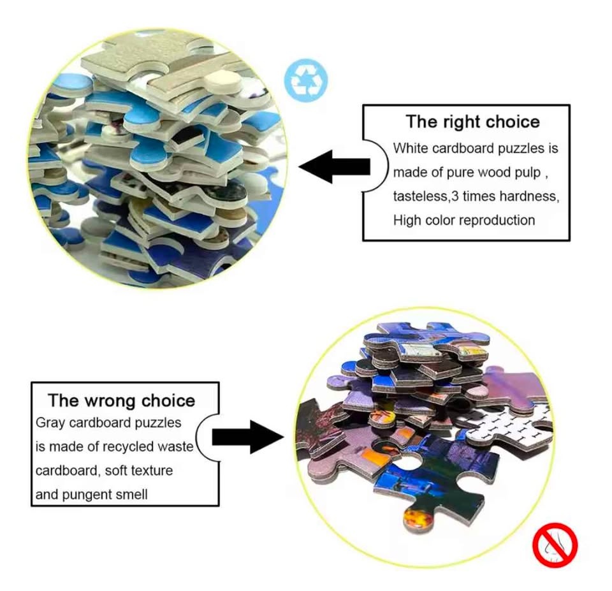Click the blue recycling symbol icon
tap(305, 80)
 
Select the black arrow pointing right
tap(248, 437)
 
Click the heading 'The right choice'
tap(472, 121)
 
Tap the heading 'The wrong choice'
tap(121, 400)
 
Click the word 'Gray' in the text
tap(50, 423)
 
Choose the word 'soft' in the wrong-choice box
tap(114, 471)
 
